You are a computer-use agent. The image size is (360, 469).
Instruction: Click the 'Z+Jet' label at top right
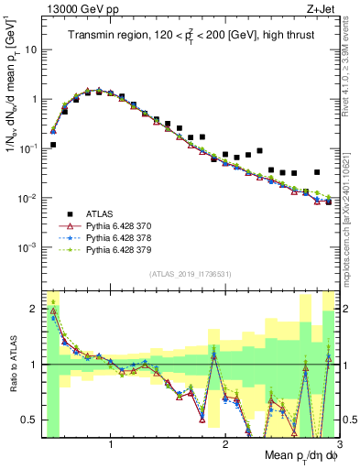(x=323, y=10)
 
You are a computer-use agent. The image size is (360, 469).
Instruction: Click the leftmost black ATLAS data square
(x=53, y=145)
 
